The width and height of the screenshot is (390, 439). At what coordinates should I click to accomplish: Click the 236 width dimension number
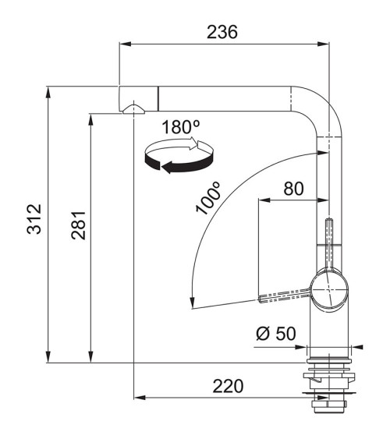click(222, 32)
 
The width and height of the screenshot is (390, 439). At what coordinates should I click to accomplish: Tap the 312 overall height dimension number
click(34, 219)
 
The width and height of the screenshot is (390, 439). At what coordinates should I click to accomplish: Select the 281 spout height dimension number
click(79, 225)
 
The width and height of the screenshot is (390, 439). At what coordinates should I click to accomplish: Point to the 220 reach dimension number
click(228, 386)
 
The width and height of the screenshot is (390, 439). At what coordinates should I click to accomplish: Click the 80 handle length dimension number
click(293, 189)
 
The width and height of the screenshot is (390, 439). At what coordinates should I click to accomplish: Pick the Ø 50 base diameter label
click(276, 334)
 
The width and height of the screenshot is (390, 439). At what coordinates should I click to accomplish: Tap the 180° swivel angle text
click(181, 127)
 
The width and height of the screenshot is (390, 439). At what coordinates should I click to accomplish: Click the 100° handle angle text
click(208, 197)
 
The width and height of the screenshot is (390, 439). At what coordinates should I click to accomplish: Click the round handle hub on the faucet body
click(329, 290)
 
